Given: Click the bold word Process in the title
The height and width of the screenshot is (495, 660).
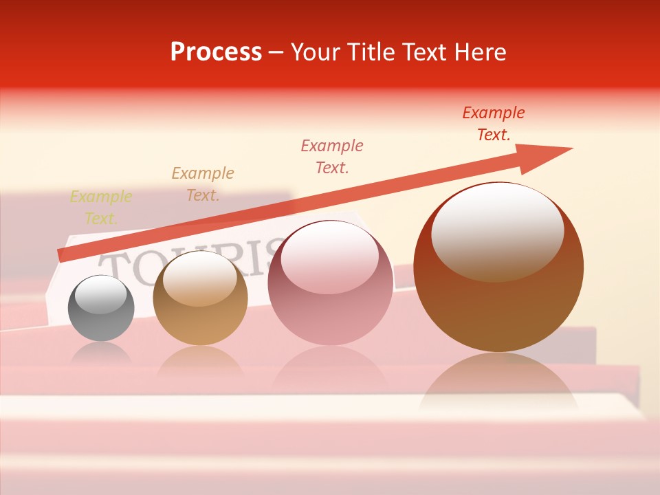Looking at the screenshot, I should click(x=216, y=52).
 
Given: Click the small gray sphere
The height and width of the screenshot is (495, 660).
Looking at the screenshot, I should click(x=101, y=309).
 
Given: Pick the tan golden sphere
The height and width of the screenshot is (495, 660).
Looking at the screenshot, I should click(x=200, y=298).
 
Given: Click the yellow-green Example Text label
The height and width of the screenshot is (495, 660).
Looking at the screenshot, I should click(x=101, y=208).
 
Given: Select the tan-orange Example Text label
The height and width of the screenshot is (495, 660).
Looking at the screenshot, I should click(x=203, y=184).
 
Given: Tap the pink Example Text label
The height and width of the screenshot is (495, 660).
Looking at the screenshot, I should click(x=332, y=156).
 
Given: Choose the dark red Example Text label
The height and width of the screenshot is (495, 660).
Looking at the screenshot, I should click(x=494, y=124).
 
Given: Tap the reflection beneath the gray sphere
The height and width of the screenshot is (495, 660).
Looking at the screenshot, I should click(x=101, y=355).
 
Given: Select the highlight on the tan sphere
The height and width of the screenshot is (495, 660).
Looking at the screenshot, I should click(x=199, y=279).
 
